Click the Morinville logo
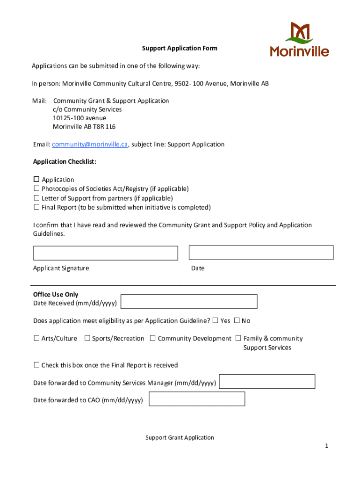click(299, 39)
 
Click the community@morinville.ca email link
click(89, 145)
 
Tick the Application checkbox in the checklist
click(36, 180)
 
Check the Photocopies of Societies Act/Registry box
click(36, 189)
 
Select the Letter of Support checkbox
click(36, 198)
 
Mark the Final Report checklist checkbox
click(36, 207)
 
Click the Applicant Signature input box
click(105, 253)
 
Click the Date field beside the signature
click(261, 253)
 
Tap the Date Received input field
click(189, 302)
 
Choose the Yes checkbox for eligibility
click(215, 320)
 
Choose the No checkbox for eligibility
click(237, 320)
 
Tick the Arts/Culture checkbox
click(36, 338)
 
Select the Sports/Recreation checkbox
click(87, 338)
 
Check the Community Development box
click(153, 338)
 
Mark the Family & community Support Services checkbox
click(238, 338)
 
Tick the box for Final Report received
click(36, 365)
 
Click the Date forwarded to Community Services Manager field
click(267, 382)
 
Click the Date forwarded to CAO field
click(196, 399)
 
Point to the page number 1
click(327, 446)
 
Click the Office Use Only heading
click(56, 294)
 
